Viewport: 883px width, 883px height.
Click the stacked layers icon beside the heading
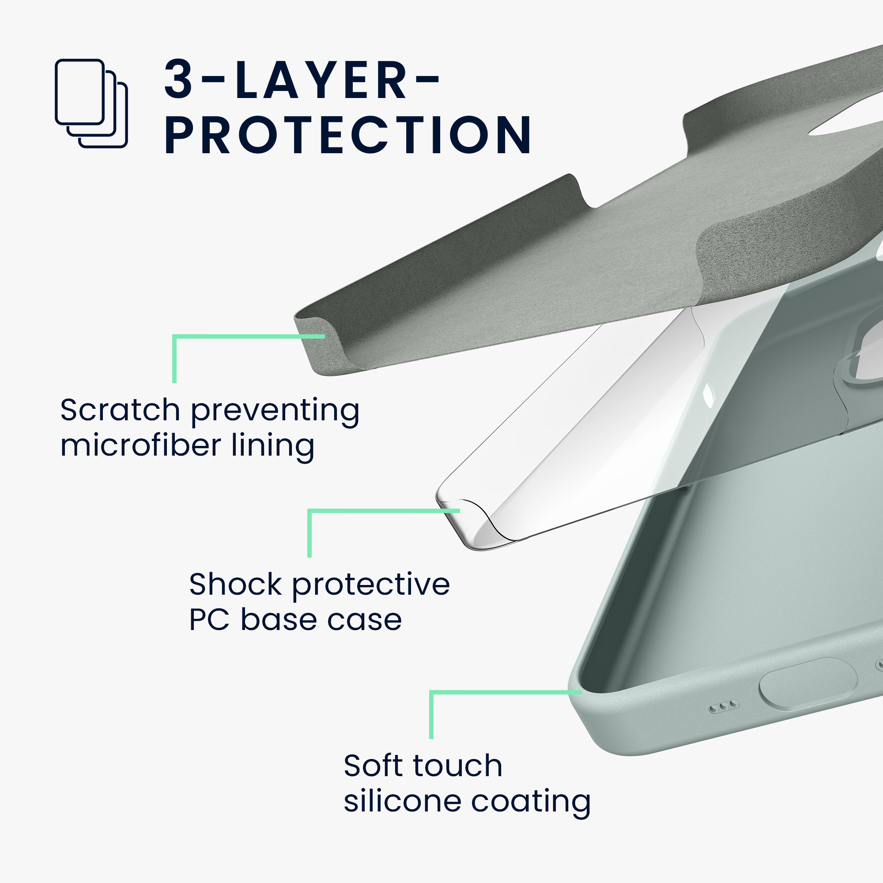[91, 103]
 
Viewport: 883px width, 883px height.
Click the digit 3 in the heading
[178, 79]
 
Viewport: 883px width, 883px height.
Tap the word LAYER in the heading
[321, 79]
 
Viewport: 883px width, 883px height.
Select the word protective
[371, 586]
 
